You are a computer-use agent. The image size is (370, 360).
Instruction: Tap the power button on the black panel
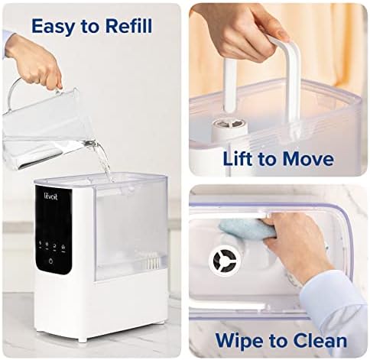click(x=51, y=260)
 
